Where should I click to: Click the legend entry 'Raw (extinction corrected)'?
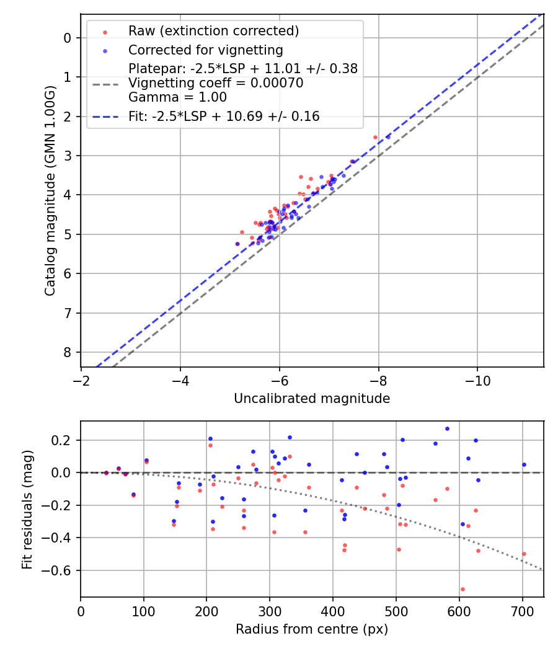[213, 31]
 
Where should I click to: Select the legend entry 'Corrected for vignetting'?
[205, 50]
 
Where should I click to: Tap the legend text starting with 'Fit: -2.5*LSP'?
[224, 117]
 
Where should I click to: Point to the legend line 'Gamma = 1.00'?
[177, 97]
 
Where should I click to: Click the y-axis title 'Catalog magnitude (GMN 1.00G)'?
[50, 190]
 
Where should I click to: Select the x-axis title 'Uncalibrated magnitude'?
[312, 399]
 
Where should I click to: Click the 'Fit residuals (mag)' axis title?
[27, 510]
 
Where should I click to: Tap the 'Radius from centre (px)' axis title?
[312, 629]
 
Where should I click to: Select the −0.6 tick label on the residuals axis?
[62, 570]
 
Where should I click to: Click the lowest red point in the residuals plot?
[463, 589]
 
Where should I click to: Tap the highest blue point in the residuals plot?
[447, 428]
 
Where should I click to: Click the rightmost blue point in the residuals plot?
[524, 464]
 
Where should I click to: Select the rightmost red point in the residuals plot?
[524, 554]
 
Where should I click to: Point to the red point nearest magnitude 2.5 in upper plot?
[375, 137]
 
